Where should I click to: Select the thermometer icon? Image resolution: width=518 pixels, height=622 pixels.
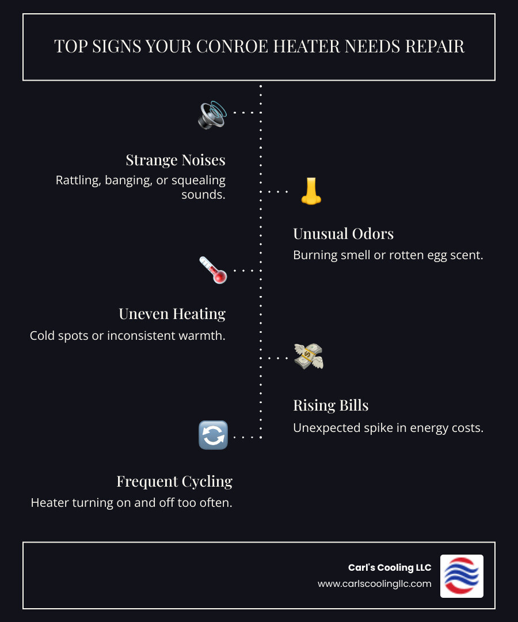point(213,270)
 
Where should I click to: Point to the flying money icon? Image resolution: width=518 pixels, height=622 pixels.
point(308,356)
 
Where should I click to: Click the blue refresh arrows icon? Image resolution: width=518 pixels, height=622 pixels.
point(213,435)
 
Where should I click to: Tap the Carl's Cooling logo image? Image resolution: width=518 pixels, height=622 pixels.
point(462,575)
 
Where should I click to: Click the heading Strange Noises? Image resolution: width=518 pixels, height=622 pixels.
point(176,160)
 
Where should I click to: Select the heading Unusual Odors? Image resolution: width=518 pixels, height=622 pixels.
point(344,233)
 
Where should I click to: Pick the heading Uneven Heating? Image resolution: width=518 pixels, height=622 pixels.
point(172,313)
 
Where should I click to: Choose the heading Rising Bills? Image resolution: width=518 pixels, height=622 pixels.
point(331,405)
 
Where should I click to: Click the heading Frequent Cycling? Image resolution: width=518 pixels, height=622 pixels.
point(174,481)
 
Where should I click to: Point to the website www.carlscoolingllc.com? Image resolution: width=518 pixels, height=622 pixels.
point(374,583)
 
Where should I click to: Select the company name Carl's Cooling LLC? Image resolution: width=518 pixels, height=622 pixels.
point(390,567)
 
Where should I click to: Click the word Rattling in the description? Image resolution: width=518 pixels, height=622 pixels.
point(78,180)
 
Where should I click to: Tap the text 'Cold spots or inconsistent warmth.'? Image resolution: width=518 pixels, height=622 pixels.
point(128,335)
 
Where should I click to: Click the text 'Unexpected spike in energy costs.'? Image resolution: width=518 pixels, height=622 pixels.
point(387,428)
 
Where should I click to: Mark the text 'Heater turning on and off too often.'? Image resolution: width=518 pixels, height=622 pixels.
point(131,502)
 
